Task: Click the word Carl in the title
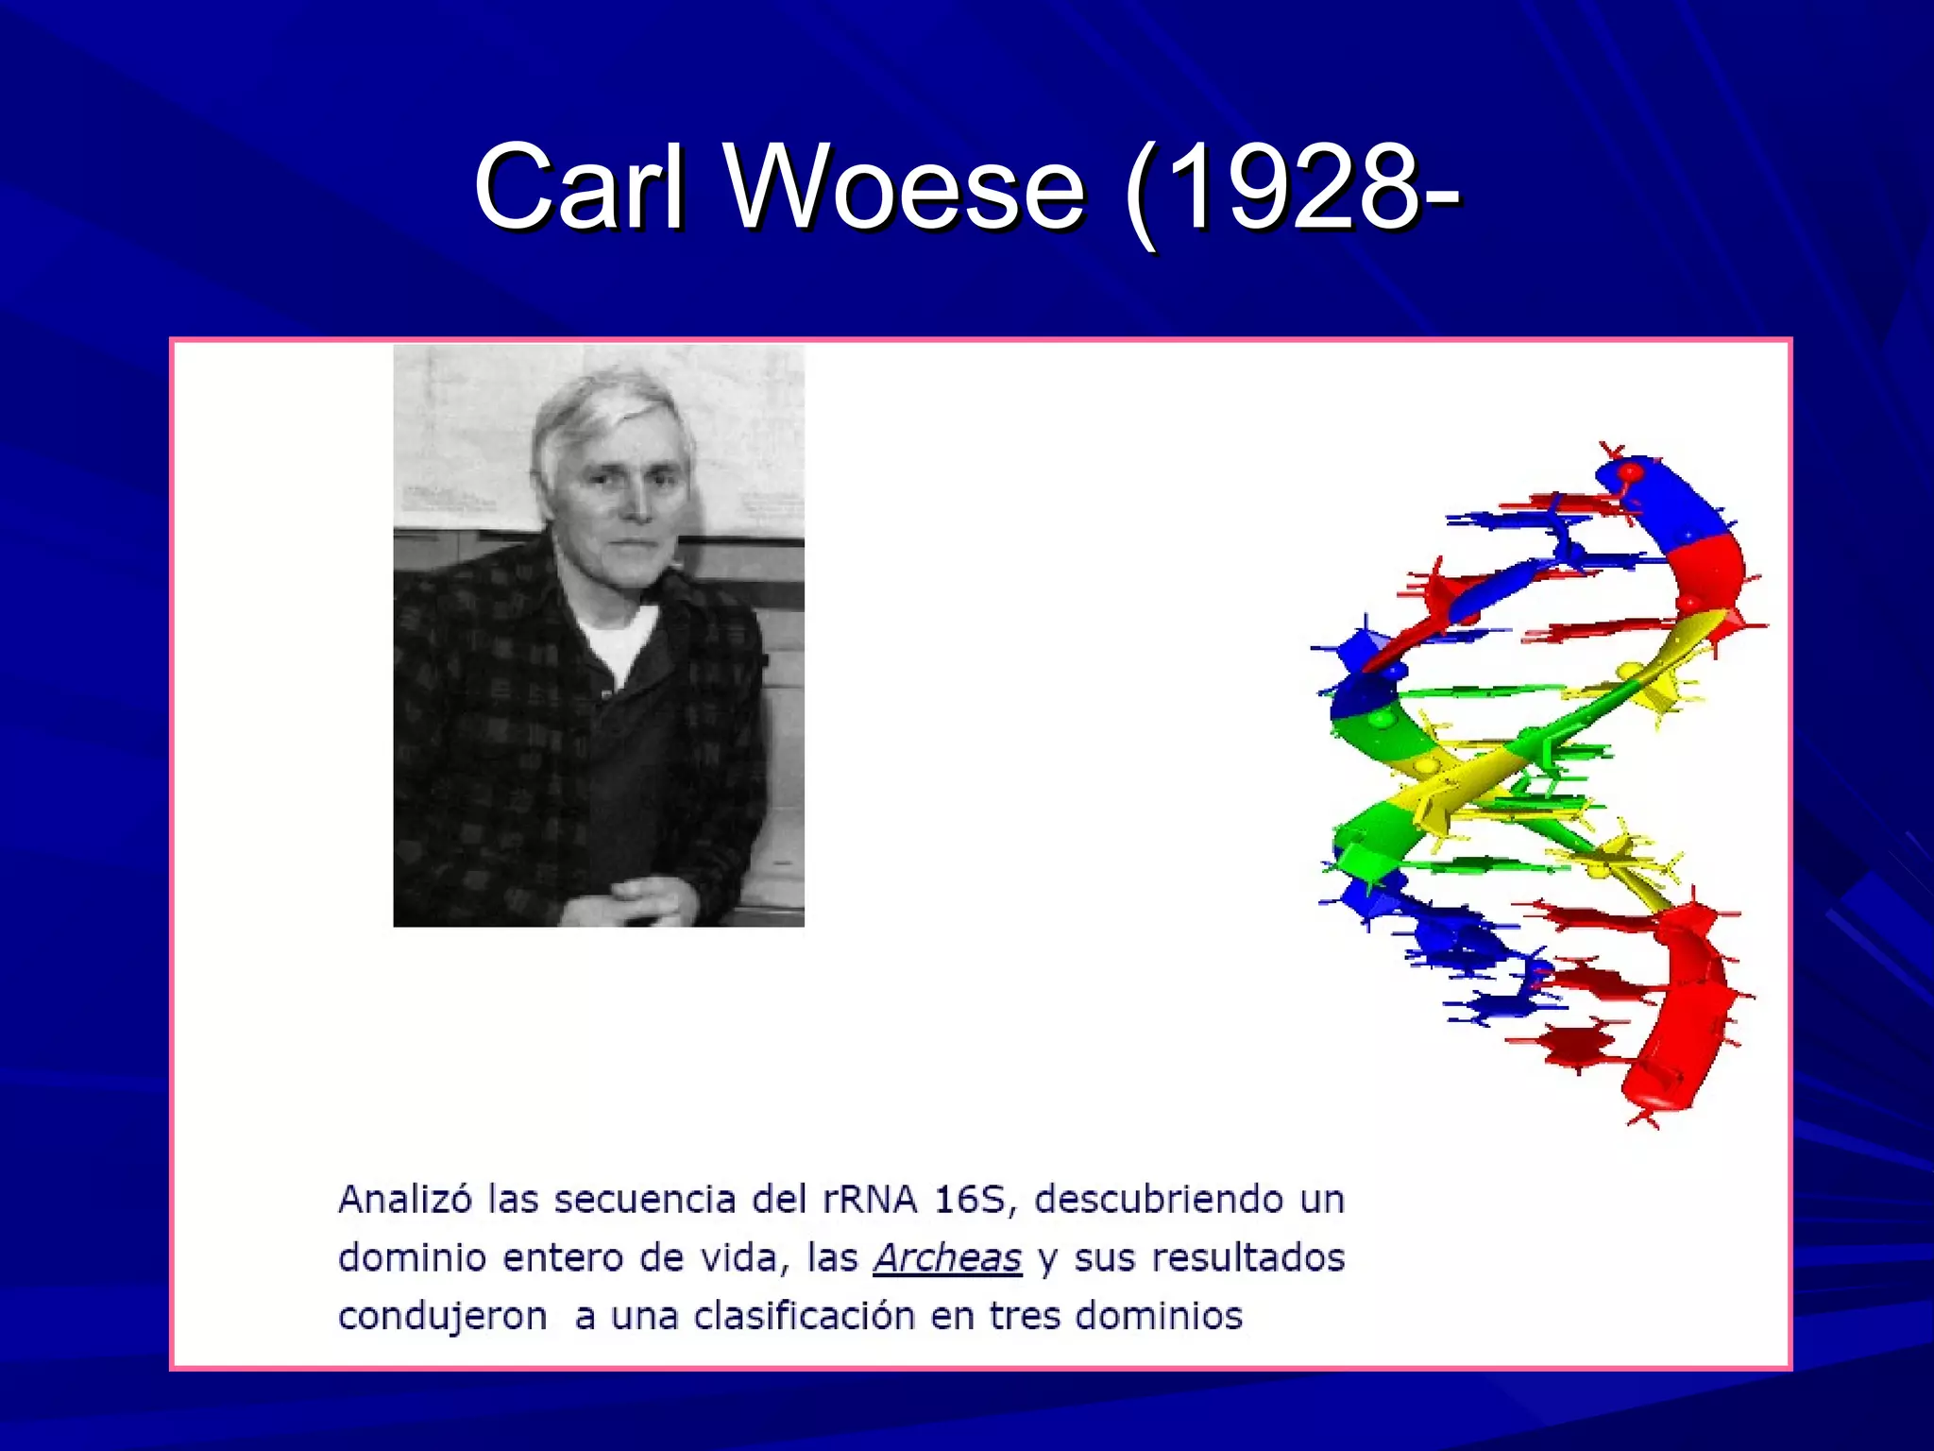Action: pyautogui.click(x=578, y=187)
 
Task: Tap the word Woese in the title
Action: pyautogui.click(x=906, y=187)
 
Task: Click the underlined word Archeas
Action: pyautogui.click(x=946, y=1258)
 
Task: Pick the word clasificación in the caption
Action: pyautogui.click(x=805, y=1316)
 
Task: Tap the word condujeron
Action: pyautogui.click(x=442, y=1316)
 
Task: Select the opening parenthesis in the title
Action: pyautogui.click(x=1141, y=194)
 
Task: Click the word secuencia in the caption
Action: pyautogui.click(x=644, y=1200)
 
